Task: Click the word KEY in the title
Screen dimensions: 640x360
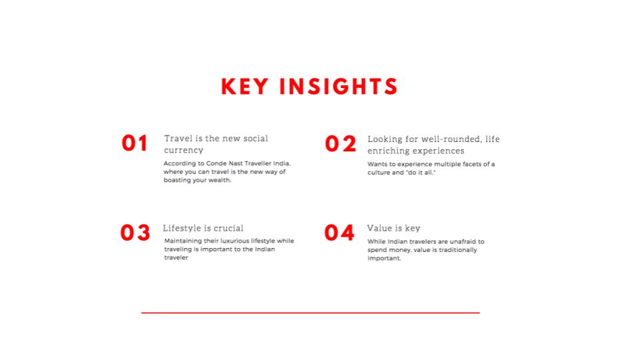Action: (x=245, y=87)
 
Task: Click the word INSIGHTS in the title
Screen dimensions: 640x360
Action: (x=339, y=87)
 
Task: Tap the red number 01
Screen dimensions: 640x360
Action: (x=134, y=143)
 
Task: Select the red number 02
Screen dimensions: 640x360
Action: (x=341, y=144)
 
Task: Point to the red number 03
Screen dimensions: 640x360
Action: (x=135, y=233)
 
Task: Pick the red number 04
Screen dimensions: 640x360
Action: (x=339, y=233)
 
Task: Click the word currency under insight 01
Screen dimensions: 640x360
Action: (x=184, y=151)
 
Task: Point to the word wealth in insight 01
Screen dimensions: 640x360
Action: (x=219, y=180)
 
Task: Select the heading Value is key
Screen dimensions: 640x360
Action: (x=393, y=229)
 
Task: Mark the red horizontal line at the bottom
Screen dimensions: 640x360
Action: (x=311, y=313)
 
